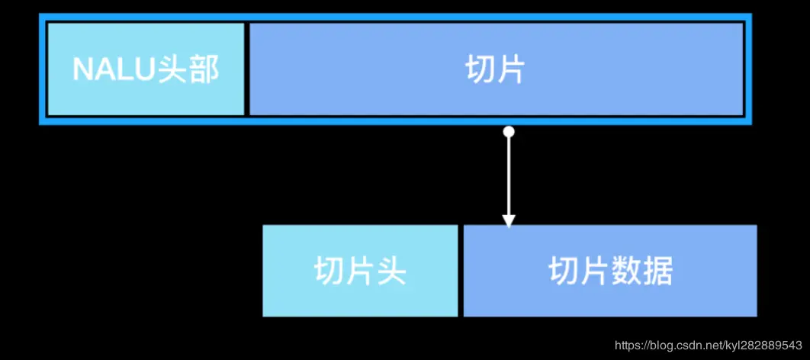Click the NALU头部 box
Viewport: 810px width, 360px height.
[x=146, y=69]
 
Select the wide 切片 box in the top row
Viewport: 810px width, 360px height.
[x=496, y=69]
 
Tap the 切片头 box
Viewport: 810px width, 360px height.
[x=360, y=271]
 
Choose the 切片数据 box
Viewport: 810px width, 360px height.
[x=610, y=271]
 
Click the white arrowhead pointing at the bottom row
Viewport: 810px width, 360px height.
[x=509, y=220]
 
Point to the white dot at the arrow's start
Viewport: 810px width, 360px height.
[x=509, y=132]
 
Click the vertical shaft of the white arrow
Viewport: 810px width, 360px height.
[x=509, y=175]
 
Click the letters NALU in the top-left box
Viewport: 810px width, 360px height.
[x=114, y=70]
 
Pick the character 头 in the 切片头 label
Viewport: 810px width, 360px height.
[x=391, y=272]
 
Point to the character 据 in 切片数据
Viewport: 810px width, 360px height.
[x=657, y=272]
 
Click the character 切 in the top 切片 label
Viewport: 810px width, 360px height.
[x=480, y=70]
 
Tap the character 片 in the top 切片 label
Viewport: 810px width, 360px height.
[x=512, y=70]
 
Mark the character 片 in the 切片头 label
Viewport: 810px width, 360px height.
[x=360, y=272]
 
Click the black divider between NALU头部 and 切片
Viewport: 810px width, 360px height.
[x=246, y=69]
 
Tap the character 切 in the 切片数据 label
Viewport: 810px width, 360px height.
[x=563, y=272]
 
